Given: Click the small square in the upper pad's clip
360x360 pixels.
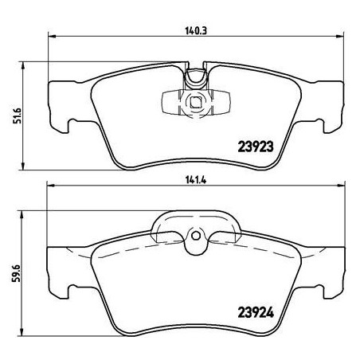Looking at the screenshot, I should [x=195, y=101].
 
